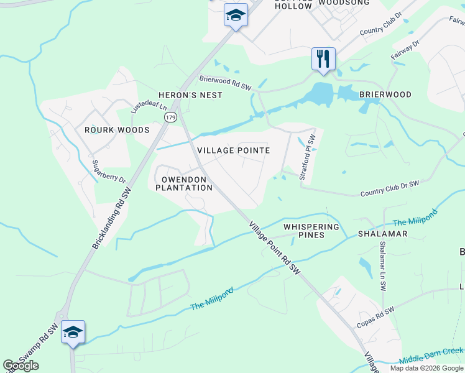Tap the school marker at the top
236,16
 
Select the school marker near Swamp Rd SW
73,332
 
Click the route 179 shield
170,117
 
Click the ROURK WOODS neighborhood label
117,130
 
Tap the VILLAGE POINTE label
233,150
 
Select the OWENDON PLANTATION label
183,183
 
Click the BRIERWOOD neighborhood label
385,94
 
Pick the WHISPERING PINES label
311,231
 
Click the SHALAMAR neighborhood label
382,234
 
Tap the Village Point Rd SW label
275,248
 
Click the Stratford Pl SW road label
308,158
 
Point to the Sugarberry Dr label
109,172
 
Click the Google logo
21,366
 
